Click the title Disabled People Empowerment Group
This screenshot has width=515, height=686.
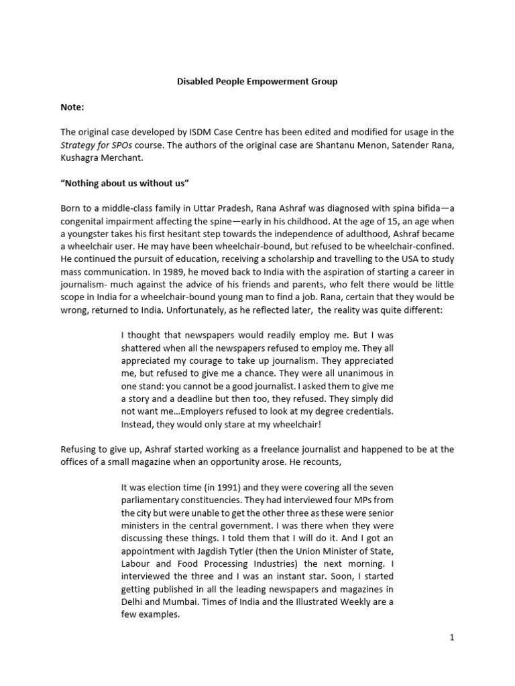pyautogui.click(x=257, y=82)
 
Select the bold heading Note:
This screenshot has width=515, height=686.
pyautogui.click(x=72, y=107)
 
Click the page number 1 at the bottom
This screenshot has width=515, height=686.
pyautogui.click(x=453, y=638)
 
